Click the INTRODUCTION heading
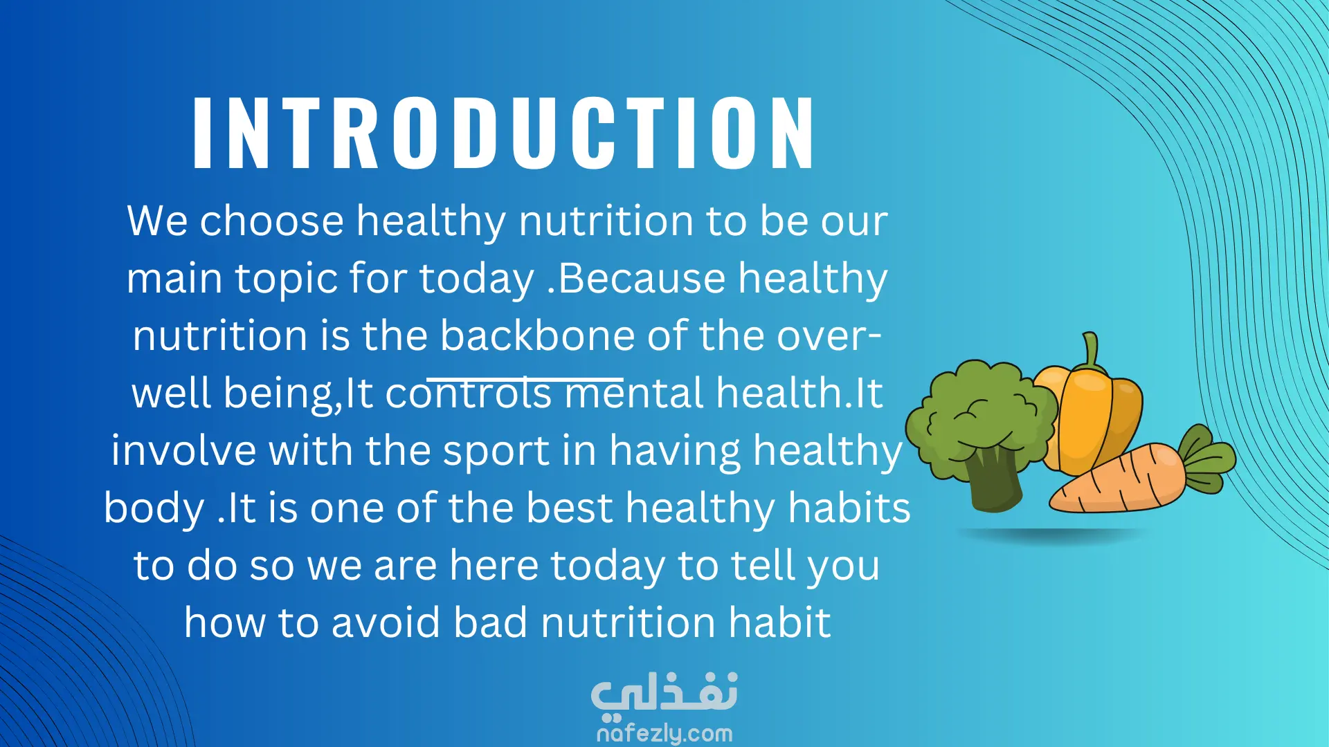[x=503, y=132]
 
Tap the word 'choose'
[x=272, y=221]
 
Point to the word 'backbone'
[x=537, y=335]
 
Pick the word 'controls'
[x=469, y=394]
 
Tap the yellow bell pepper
[x=1094, y=415]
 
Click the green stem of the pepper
[x=1091, y=350]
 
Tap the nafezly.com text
[x=664, y=733]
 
